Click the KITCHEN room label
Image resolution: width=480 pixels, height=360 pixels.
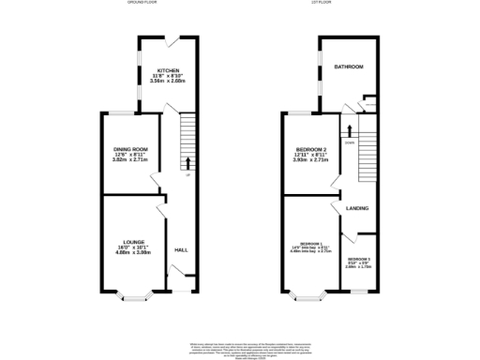click(169, 70)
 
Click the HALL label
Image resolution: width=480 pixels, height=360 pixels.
click(181, 249)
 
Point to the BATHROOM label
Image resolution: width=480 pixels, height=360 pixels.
click(349, 67)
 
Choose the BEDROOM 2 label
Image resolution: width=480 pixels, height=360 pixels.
click(310, 150)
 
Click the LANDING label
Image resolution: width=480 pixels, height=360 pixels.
click(356, 208)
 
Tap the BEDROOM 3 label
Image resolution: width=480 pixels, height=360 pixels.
click(359, 259)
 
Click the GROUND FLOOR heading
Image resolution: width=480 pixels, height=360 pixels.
click(142, 3)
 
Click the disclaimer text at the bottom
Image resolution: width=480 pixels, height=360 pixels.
click(240, 349)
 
